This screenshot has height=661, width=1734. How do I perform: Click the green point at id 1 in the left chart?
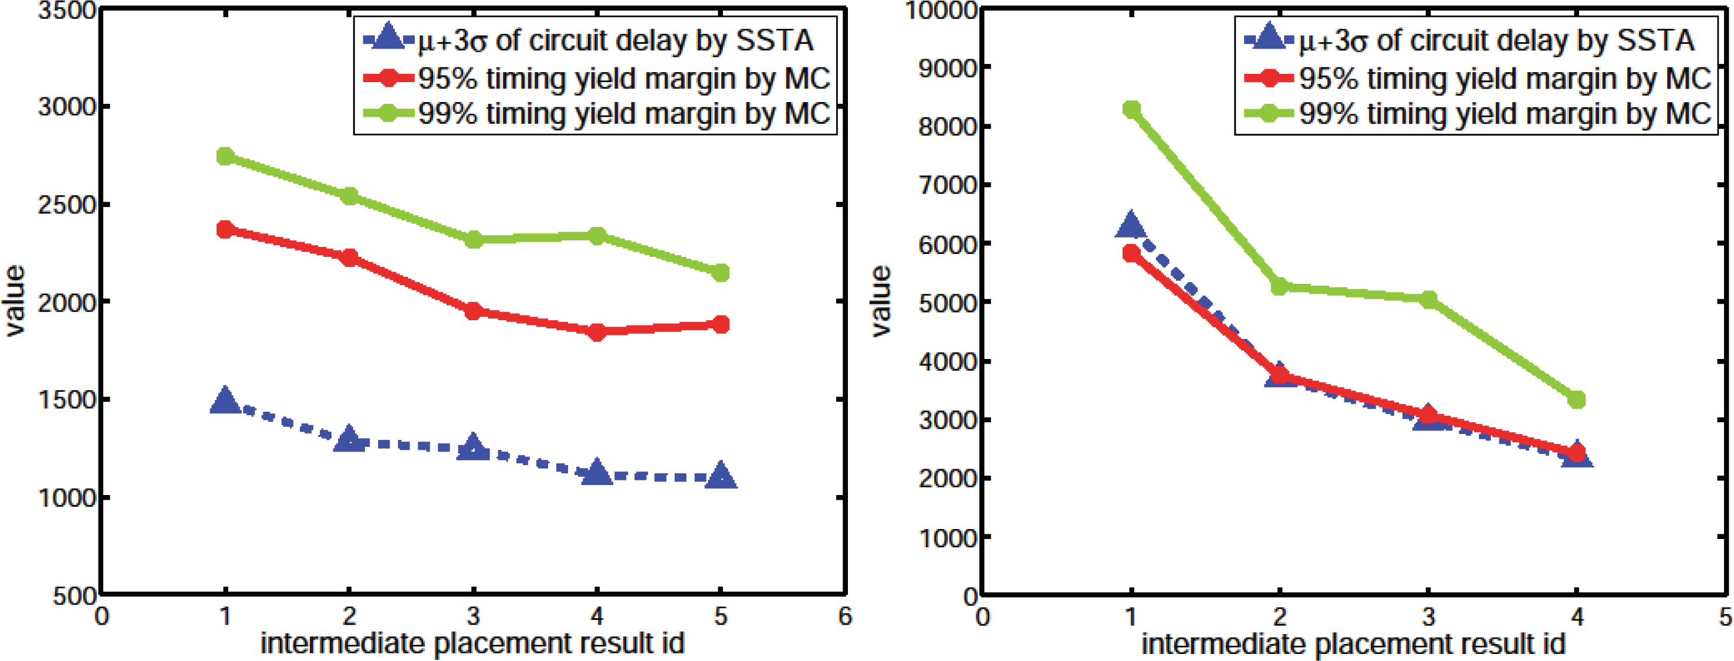coord(225,156)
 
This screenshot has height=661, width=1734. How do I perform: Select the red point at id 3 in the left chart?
coord(473,311)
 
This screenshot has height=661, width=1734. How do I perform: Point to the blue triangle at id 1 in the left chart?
coord(225,401)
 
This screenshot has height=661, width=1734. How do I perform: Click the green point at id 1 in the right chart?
coord(1131,110)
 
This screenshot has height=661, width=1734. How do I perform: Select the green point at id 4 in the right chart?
coord(1577,400)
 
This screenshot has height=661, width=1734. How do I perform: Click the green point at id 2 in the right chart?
coord(1280,287)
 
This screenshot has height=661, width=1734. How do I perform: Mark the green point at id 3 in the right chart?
coord(1428,300)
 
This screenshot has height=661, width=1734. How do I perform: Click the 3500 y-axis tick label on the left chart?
coord(66,11)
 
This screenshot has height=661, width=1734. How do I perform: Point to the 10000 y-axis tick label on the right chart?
coord(941,11)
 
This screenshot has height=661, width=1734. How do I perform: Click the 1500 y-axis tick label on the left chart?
coord(66,400)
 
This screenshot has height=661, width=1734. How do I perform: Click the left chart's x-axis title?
coord(472,643)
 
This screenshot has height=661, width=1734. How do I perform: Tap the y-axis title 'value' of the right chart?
coord(881,301)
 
